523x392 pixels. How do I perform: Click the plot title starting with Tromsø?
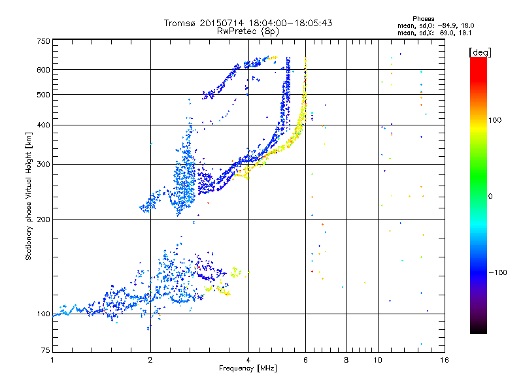(x=248, y=23)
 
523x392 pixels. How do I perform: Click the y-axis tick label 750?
(x=43, y=41)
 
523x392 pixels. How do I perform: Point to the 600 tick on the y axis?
(x=43, y=70)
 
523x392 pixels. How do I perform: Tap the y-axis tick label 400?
(x=43, y=125)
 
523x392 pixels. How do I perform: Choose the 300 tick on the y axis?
(x=43, y=165)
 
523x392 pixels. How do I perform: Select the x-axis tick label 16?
(x=444, y=361)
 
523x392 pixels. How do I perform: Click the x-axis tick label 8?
(x=346, y=361)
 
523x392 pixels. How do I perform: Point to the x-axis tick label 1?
(x=52, y=361)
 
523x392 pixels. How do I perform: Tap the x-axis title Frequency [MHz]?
(x=248, y=369)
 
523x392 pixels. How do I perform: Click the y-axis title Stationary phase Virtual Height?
(x=29, y=196)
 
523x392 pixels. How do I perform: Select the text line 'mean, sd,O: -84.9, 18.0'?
(x=426, y=25)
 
